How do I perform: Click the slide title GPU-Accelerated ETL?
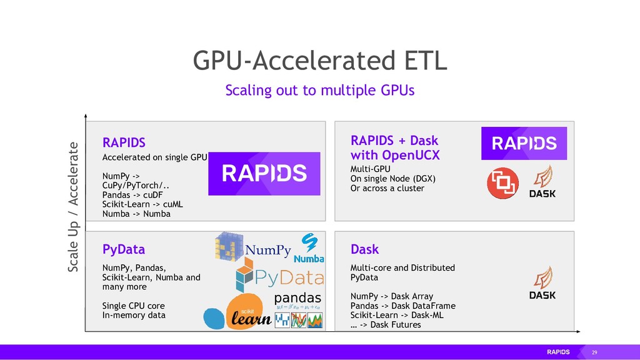coord(319,61)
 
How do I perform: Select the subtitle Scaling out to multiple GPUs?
coord(319,91)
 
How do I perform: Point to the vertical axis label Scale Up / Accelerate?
coord(73,207)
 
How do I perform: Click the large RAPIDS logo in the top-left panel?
coord(264,174)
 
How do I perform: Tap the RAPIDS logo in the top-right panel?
coord(524,143)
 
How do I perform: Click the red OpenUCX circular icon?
coord(502,183)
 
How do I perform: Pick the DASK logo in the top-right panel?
coord(542,181)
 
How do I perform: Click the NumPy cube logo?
coord(227,246)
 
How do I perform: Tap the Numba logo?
coord(309,249)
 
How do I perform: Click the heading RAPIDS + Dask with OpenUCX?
coord(394,147)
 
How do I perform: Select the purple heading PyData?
coord(124,249)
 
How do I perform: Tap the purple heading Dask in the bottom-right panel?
coord(364,249)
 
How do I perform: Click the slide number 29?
coord(594,352)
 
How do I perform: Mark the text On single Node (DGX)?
coord(392,179)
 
